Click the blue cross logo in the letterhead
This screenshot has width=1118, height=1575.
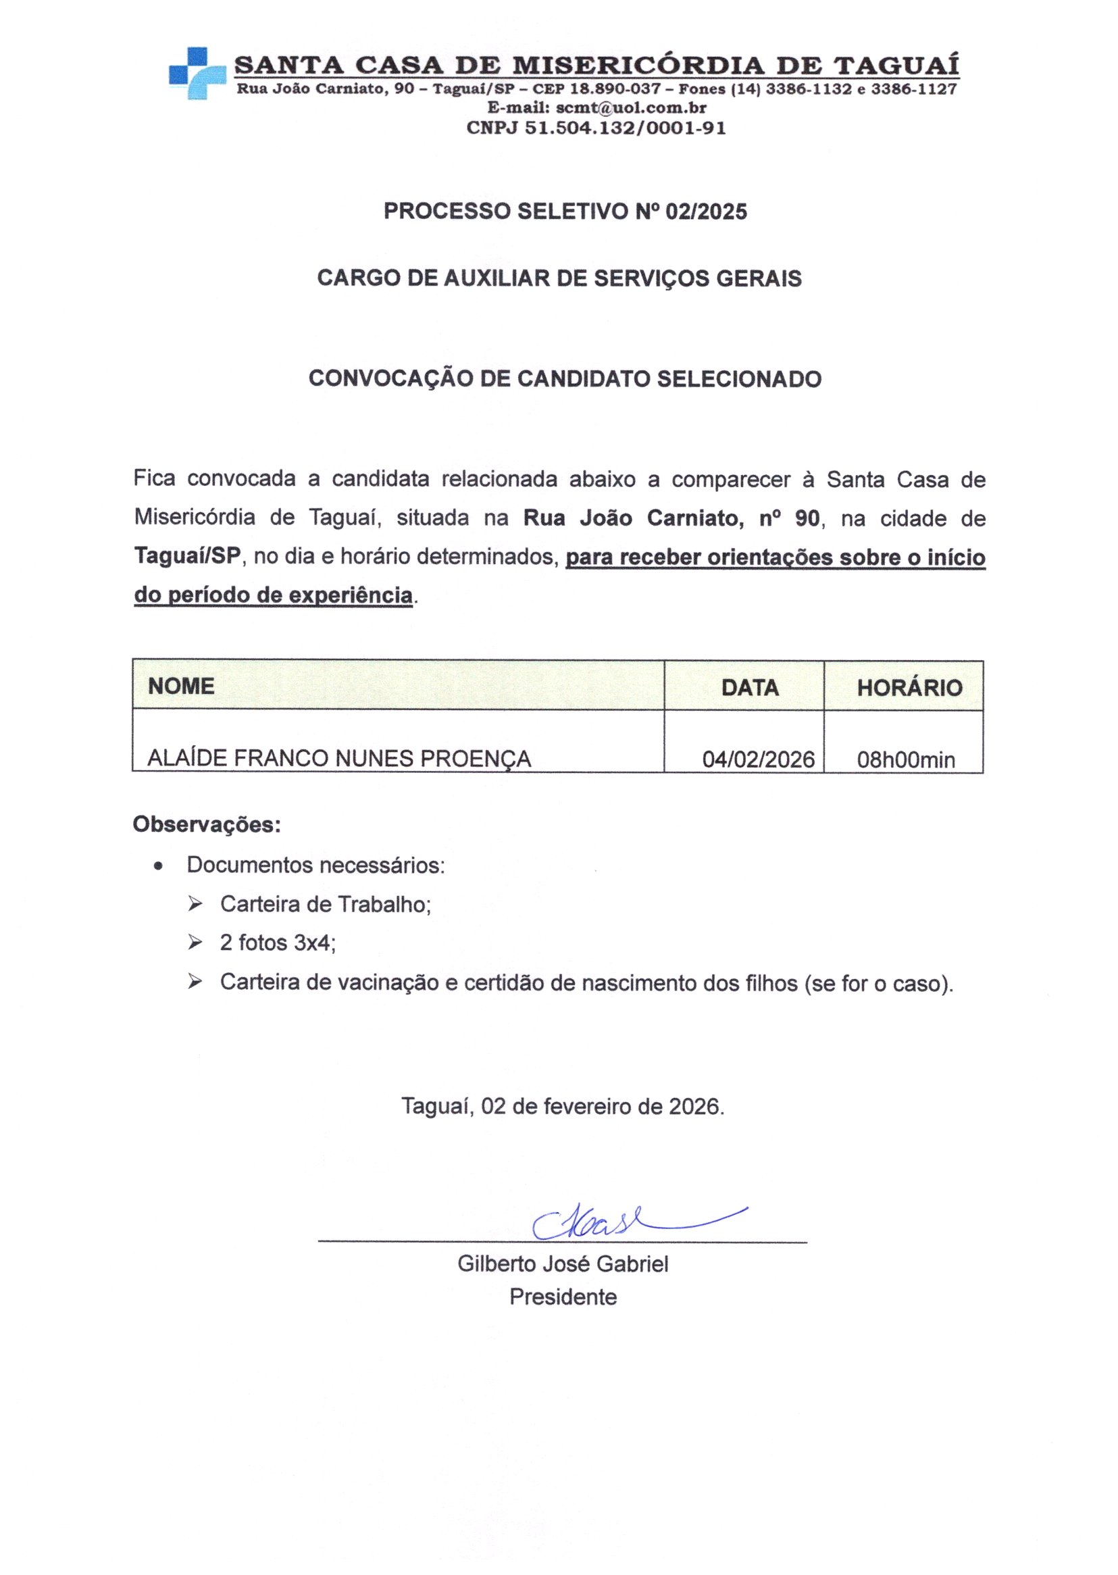197,74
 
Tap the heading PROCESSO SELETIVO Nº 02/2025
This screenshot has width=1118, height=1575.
565,211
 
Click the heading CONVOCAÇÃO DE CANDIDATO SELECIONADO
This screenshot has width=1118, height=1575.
565,378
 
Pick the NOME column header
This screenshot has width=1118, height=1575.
181,686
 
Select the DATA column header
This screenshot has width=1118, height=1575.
750,688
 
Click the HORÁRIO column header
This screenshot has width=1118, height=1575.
909,688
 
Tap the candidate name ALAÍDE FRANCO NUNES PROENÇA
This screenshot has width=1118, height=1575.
339,759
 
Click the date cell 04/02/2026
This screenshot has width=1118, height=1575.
758,760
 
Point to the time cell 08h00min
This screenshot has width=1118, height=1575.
905,760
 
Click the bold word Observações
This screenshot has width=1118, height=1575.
207,824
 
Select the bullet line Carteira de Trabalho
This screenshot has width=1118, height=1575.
325,904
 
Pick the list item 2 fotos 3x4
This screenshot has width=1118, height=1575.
278,943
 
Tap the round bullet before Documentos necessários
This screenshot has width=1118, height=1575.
159,867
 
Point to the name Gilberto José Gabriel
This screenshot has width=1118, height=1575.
563,1264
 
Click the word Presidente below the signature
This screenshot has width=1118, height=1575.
563,1297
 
